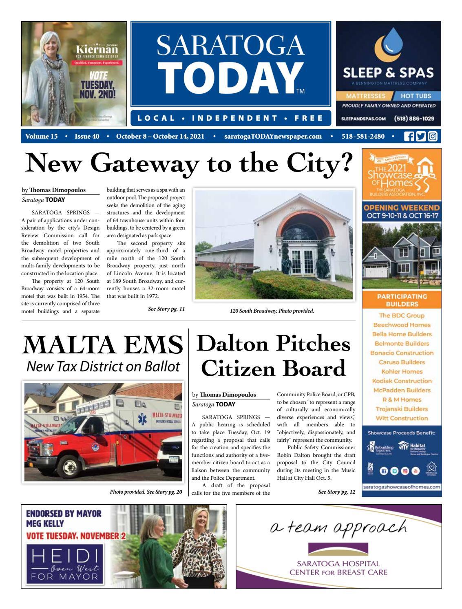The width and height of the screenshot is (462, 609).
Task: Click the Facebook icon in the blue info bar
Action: pyautogui.click(x=408, y=137)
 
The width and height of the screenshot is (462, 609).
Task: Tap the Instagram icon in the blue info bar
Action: pyautogui.click(x=432, y=137)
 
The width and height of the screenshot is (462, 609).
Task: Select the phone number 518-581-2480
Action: pyautogui.click(x=363, y=137)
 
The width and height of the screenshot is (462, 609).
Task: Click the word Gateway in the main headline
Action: pyautogui.click(x=145, y=164)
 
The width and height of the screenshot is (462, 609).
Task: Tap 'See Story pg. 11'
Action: pyautogui.click(x=166, y=309)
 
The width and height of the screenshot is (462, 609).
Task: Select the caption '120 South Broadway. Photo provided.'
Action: pyautogui.click(x=272, y=311)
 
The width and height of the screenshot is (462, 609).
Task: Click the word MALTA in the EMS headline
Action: pyautogui.click(x=66, y=346)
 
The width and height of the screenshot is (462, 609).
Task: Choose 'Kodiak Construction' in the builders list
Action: pyautogui.click(x=402, y=381)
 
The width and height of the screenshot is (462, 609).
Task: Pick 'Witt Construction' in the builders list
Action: pyautogui.click(x=402, y=418)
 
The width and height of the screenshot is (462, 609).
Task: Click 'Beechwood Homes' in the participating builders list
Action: pyautogui.click(x=402, y=325)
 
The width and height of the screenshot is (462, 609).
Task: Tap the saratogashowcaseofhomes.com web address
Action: pyautogui.click(x=401, y=487)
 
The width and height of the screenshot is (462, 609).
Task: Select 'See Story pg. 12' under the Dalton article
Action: pyautogui.click(x=336, y=492)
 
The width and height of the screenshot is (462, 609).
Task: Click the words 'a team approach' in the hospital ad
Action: pyautogui.click(x=338, y=528)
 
